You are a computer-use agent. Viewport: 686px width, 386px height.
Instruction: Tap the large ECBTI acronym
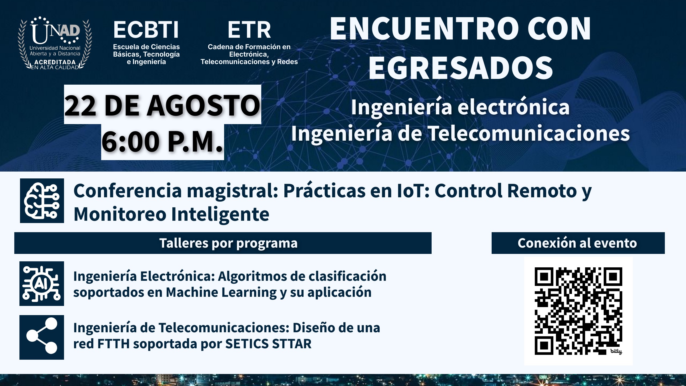(146, 30)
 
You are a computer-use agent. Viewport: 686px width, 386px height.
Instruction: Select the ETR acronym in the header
(249, 30)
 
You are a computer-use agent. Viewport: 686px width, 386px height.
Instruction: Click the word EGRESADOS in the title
(460, 68)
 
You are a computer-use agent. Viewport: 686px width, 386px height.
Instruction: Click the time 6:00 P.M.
(162, 142)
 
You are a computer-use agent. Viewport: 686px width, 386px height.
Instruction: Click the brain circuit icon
(42, 201)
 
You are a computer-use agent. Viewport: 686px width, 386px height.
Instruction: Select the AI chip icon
(42, 284)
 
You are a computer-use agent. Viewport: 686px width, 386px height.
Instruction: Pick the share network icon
(42, 337)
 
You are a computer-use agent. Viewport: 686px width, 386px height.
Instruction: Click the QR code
(578, 311)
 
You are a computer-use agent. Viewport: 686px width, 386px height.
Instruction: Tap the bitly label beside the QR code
(616, 351)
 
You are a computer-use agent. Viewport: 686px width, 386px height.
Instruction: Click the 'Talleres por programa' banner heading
(228, 243)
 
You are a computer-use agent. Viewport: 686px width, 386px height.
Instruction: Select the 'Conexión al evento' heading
(577, 243)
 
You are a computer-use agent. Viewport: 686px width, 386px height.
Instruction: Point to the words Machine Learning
(221, 292)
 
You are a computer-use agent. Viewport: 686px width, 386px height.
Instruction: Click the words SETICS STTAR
(268, 344)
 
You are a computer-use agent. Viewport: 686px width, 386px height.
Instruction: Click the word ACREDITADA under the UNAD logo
(55, 62)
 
